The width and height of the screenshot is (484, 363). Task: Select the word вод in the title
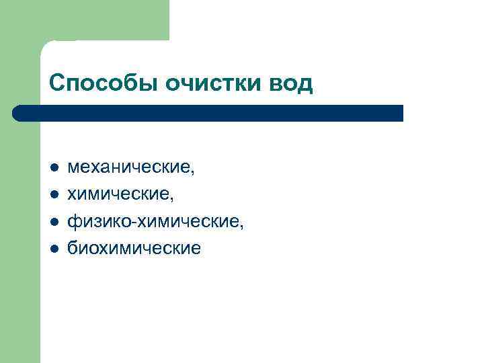pyautogui.click(x=290, y=83)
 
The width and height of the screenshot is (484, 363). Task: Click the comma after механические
pyautogui.click(x=193, y=173)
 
